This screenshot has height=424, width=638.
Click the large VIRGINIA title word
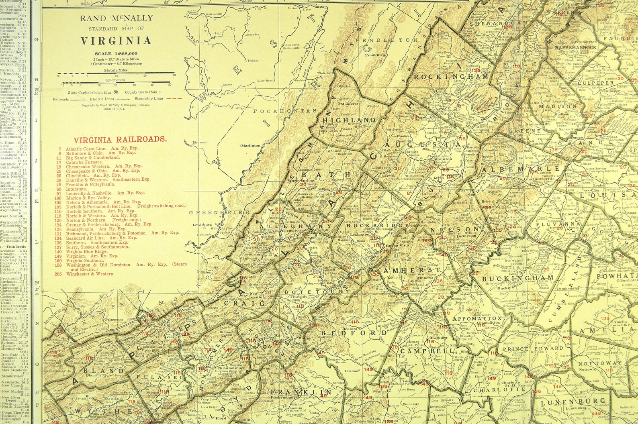116,41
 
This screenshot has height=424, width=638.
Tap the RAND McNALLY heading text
116,18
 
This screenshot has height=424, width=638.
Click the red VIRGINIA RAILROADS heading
120,139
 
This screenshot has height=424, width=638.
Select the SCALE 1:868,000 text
116,53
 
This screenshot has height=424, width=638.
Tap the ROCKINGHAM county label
451,76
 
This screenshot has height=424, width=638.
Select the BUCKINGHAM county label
517,278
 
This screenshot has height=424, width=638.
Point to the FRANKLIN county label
301,392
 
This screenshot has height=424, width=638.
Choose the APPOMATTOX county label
477,319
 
